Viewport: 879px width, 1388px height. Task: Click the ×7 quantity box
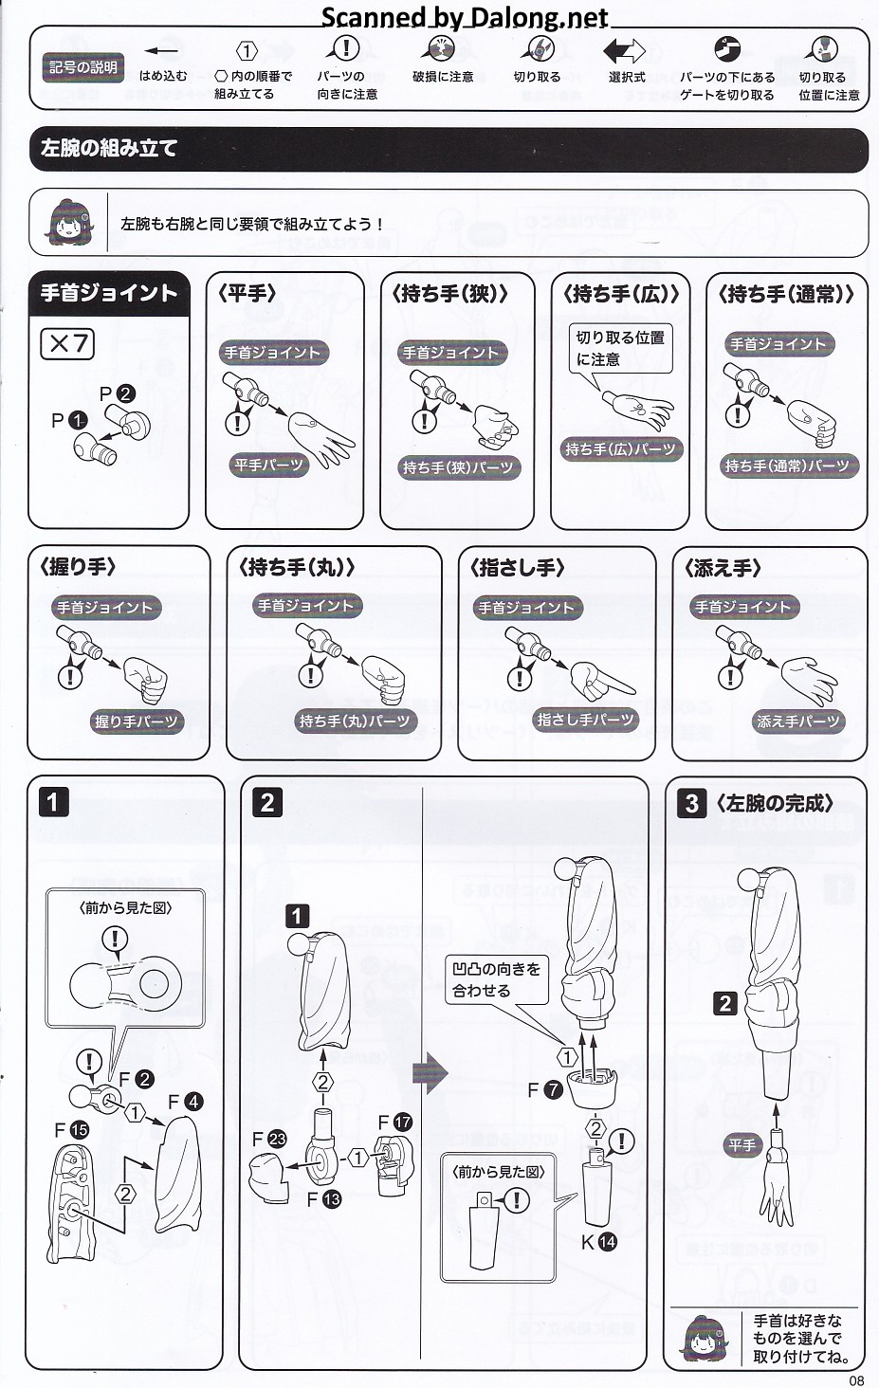67,344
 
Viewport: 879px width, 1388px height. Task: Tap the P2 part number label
117,393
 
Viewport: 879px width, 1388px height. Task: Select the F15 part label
71,1130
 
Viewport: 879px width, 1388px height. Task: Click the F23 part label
269,1139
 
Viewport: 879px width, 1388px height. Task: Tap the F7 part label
545,1089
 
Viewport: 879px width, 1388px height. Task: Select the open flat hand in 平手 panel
321,438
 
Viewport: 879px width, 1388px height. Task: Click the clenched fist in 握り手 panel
145,680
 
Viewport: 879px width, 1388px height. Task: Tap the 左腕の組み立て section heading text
109,148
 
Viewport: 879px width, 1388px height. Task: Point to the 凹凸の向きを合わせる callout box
497,979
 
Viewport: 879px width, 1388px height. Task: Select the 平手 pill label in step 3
742,1145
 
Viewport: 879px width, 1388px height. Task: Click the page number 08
856,1380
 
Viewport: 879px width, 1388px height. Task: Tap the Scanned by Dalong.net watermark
465,17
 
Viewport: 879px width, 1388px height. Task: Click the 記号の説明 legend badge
83,67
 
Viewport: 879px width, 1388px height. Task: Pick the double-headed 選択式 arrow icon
624,51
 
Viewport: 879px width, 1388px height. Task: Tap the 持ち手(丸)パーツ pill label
356,721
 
